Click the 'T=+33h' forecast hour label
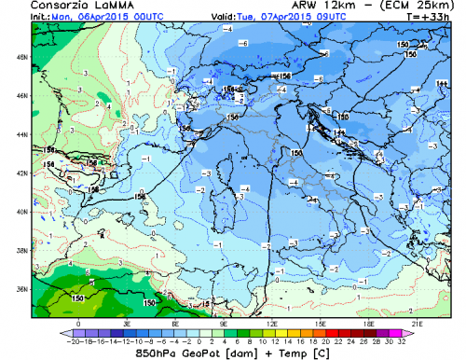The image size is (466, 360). click(443, 18)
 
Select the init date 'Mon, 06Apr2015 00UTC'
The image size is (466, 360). click(94, 18)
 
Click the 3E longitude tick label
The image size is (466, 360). click(127, 322)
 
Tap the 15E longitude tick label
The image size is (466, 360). click(320, 322)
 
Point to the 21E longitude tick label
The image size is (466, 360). click(417, 322)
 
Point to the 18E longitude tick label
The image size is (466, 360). click(368, 322)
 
